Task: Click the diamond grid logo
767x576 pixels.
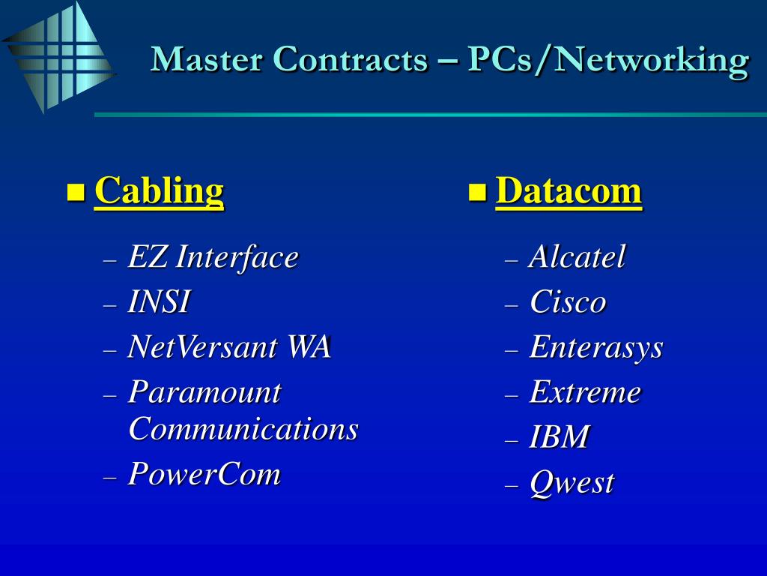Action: [58, 57]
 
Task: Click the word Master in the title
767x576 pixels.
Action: [206, 59]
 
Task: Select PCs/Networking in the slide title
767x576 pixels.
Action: [608, 60]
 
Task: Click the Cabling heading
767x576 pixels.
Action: [159, 191]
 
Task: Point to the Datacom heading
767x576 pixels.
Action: [569, 191]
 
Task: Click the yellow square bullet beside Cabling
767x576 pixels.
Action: [75, 192]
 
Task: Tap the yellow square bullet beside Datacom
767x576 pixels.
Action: [476, 193]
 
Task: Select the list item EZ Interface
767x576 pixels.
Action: [213, 257]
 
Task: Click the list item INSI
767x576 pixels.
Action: [158, 302]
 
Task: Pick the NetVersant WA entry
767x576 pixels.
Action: [228, 347]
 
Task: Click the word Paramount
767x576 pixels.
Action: [204, 392]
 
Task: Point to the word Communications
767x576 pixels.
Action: [243, 429]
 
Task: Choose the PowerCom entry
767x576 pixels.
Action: [204, 474]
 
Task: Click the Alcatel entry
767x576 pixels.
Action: [577, 257]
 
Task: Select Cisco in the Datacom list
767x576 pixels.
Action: [568, 302]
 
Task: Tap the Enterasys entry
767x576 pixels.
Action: [595, 347]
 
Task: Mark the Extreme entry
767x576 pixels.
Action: [585, 392]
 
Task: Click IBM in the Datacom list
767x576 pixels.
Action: [559, 437]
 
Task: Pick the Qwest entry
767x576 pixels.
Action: [572, 482]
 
